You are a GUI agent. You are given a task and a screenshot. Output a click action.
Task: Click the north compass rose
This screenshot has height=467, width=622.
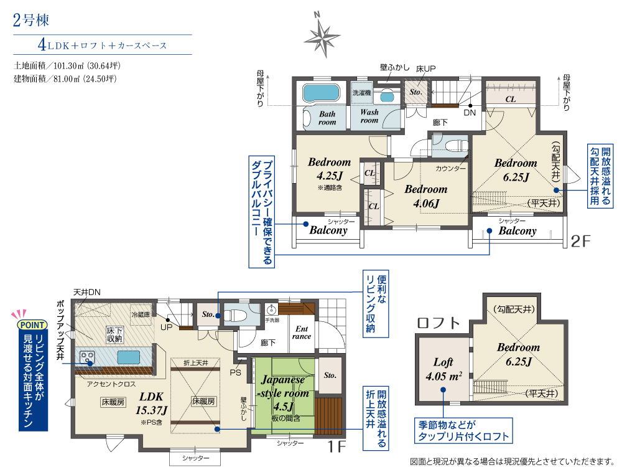pyautogui.click(x=322, y=35)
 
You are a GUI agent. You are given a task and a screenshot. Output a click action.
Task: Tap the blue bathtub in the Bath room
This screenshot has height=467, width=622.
pyautogui.click(x=322, y=93)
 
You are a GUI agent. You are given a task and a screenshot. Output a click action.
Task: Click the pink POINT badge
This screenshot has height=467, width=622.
pyautogui.click(x=32, y=325)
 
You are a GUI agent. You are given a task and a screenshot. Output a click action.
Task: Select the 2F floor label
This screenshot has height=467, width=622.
pyautogui.click(x=580, y=240)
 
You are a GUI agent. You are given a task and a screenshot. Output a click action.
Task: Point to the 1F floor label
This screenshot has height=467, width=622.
pyautogui.click(x=337, y=446)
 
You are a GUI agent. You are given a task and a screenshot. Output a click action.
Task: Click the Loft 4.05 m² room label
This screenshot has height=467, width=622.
pyautogui.click(x=443, y=369)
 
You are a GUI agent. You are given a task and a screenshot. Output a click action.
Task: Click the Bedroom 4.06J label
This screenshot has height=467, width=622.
pyautogui.click(x=425, y=196)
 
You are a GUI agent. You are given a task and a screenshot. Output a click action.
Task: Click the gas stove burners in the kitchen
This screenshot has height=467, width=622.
pyautogui.click(x=87, y=356)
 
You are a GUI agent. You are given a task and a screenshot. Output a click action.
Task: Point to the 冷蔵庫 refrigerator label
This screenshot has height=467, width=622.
pyautogui.click(x=141, y=314)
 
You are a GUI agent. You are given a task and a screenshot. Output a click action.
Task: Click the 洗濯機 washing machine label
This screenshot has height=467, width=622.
pyautogui.click(x=362, y=93)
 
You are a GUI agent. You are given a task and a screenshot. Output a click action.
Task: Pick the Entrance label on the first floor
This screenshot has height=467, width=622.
pyautogui.click(x=302, y=333)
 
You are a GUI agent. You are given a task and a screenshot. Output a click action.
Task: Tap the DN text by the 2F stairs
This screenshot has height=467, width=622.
pyautogui.click(x=470, y=113)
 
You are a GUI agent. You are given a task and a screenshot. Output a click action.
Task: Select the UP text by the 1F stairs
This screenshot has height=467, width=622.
pyautogui.click(x=166, y=328)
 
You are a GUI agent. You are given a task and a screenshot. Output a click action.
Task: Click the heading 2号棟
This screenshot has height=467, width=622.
pyautogui.click(x=31, y=20)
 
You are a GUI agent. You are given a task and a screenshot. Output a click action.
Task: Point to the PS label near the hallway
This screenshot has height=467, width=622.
pyautogui.click(x=235, y=373)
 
